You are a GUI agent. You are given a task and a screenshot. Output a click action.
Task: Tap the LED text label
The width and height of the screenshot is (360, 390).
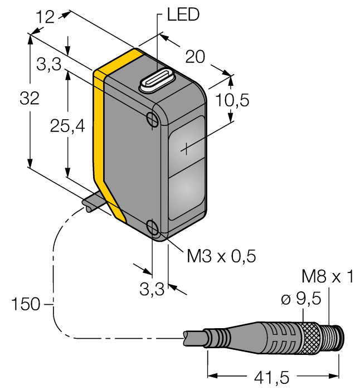click(x=179, y=15)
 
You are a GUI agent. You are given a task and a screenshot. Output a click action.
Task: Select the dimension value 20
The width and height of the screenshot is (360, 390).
click(x=195, y=56)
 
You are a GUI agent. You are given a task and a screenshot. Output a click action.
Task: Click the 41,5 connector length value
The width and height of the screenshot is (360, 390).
click(x=270, y=378)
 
